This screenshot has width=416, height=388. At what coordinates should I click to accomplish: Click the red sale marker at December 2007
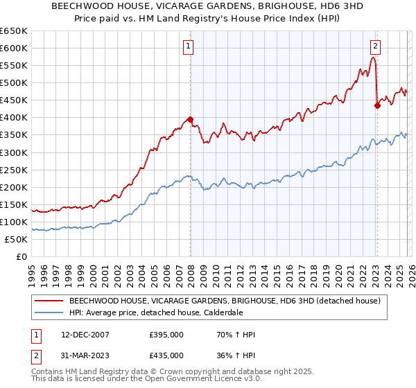pos(189,119)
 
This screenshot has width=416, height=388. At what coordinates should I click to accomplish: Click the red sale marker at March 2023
pos(377,105)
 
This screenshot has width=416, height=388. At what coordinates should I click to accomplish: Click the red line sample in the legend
pos(48,301)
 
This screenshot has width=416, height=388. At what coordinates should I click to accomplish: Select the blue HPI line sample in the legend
pos(48,313)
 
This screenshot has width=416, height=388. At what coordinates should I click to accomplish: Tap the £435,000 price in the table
pos(166,355)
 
